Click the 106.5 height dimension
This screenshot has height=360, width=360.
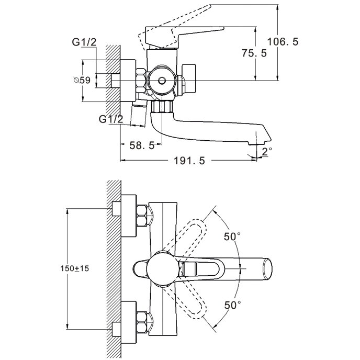tap(283, 42)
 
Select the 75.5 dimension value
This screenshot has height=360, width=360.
tap(254, 53)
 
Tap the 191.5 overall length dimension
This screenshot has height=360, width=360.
tap(189, 161)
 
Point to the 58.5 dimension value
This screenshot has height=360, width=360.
tap(142, 145)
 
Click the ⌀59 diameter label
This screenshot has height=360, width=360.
tap(82, 80)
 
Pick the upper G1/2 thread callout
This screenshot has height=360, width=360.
tap(84, 42)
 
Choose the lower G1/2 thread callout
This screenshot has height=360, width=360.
tap(111, 119)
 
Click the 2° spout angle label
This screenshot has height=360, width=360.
tap(267, 152)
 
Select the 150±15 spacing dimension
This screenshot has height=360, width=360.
tap(75, 268)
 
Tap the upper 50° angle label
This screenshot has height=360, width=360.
tap(232, 237)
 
